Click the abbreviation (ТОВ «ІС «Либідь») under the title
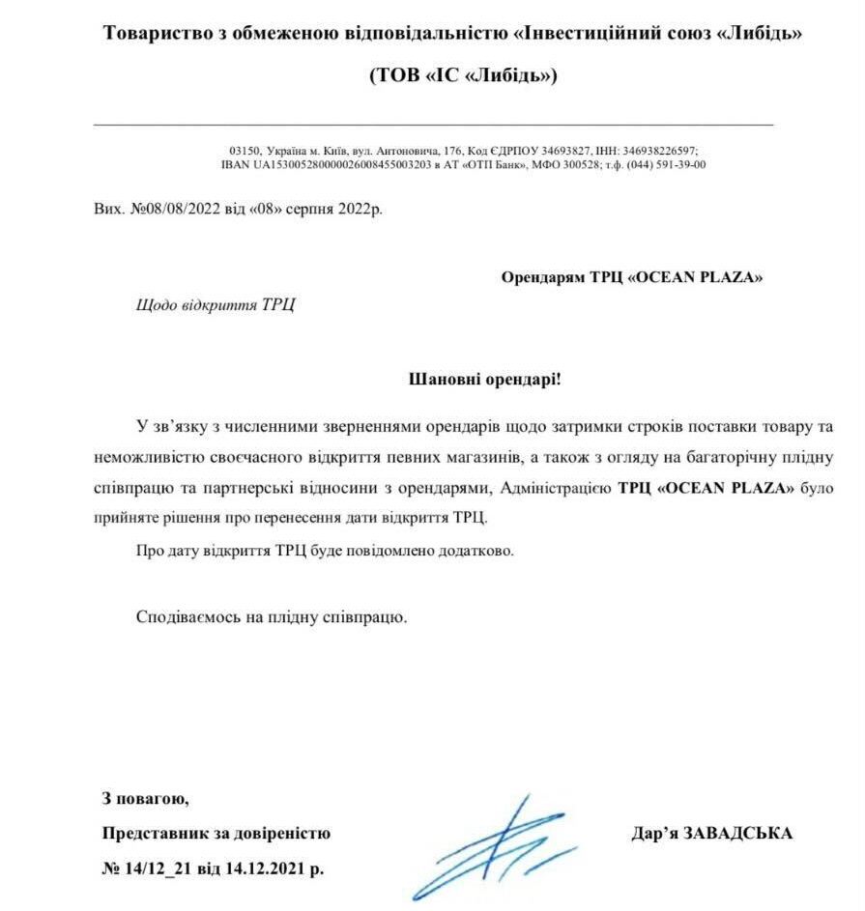pos(463,75)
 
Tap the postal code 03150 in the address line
pos(243,151)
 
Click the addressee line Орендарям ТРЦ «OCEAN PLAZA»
pos(632,277)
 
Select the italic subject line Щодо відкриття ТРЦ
pos(216,304)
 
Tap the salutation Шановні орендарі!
pos(485,379)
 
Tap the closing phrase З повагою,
pos(146,799)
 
